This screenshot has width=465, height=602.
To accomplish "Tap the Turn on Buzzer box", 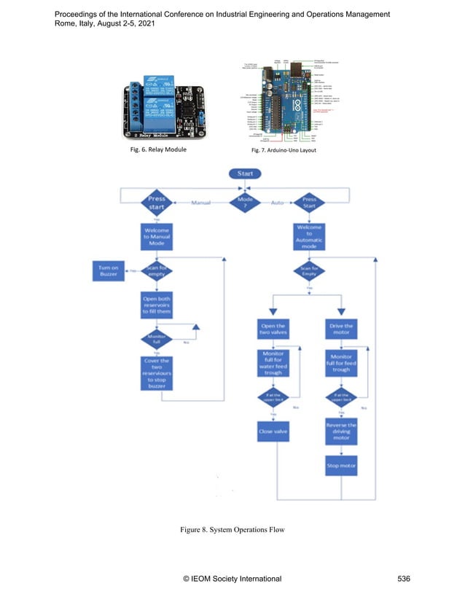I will coord(109,271).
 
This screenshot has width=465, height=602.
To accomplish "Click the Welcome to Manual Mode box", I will coord(157,237).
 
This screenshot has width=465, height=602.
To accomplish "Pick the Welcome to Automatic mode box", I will coord(309,238).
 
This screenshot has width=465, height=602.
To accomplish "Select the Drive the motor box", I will coord(341,329).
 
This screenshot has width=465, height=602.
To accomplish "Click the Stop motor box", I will coord(341,464).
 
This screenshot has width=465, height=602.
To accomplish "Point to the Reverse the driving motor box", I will coord(341,431).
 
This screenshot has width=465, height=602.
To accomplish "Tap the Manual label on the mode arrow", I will coord(200,202).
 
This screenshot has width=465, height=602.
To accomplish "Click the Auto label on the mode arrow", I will coord(277,202).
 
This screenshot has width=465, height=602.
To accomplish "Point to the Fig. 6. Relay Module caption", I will coord(155,149).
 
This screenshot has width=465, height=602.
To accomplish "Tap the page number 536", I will coord(405,579).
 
